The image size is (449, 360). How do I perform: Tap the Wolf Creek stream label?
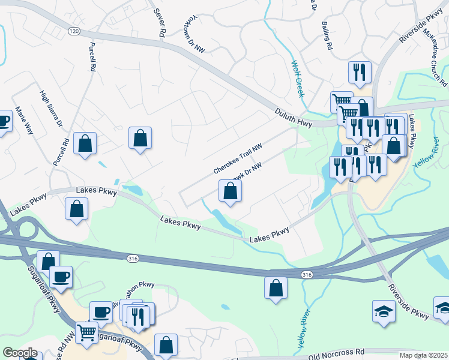click(x=298, y=79)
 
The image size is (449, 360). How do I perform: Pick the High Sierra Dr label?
click(x=52, y=109)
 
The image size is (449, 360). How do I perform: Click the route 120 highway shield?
click(x=74, y=31)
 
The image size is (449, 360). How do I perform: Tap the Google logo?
click(x=20, y=352)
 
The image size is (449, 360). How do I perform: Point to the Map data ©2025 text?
click(x=424, y=355)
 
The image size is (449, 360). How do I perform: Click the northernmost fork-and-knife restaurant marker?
click(x=360, y=72)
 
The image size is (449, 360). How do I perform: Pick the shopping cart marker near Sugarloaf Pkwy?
click(x=87, y=332)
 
